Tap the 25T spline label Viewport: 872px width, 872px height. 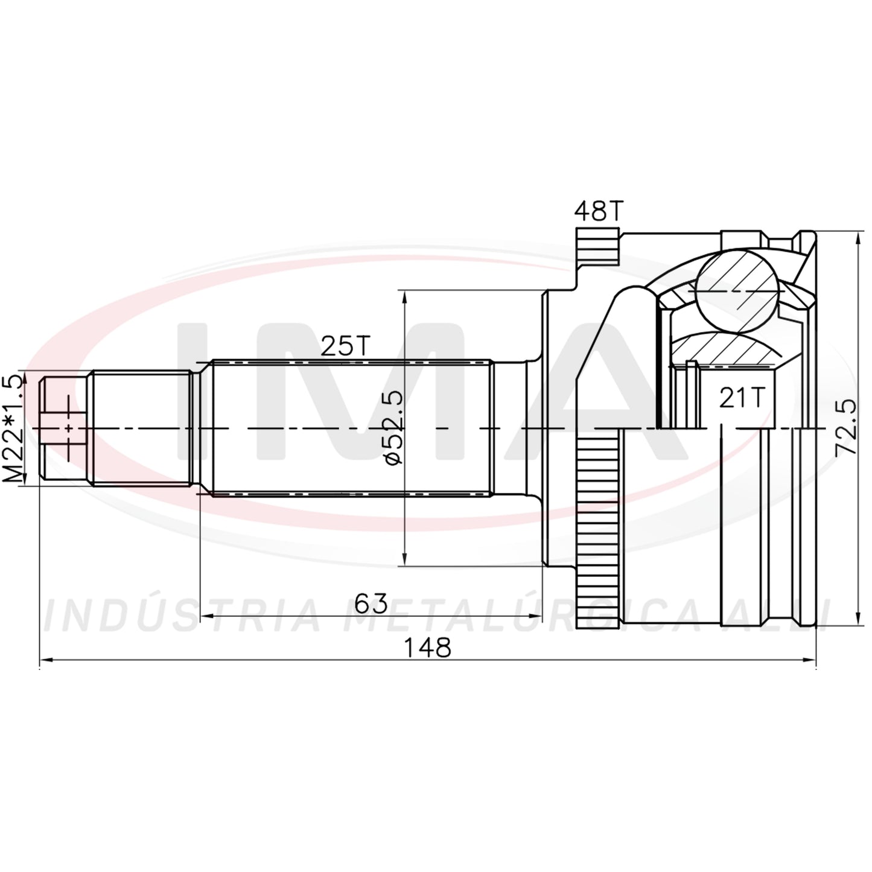point(346,346)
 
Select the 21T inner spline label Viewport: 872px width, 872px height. point(742,398)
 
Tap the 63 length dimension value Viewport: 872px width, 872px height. point(371,603)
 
